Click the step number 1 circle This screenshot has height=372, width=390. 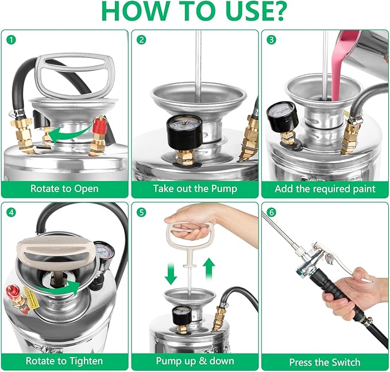click(11, 40)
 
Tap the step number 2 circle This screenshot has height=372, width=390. click(141, 40)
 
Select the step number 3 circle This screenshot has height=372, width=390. click(271, 40)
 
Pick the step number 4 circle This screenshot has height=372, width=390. click(11, 212)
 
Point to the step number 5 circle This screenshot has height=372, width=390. click(141, 212)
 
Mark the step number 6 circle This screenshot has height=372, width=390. click(271, 212)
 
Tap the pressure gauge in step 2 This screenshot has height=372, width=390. click(184, 129)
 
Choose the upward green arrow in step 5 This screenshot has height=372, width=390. click(210, 269)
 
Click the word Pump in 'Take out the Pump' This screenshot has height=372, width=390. click(224, 189)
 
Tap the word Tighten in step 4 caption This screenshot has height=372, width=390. click(86, 361)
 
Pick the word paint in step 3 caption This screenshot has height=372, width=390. click(364, 189)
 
